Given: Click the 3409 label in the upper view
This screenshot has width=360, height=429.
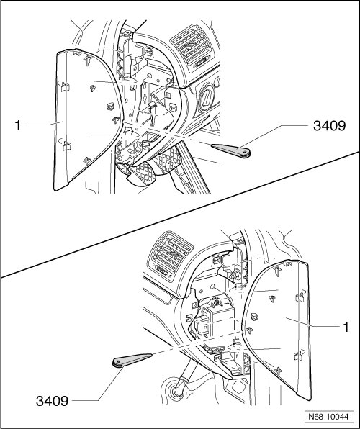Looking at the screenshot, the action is click(x=329, y=126).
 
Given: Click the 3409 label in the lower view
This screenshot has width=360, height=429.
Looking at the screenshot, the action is click(x=52, y=402).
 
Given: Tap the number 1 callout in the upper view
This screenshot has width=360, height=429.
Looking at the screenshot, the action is click(x=18, y=125).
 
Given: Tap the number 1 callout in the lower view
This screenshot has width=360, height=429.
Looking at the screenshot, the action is click(x=346, y=327).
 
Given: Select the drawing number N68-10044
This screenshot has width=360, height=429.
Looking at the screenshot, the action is click(x=329, y=417).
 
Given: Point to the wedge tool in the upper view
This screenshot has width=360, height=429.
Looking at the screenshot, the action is click(x=231, y=150).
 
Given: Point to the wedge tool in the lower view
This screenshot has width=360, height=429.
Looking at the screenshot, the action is click(x=132, y=360).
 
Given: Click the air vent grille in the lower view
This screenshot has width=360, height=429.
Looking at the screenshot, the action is click(x=170, y=255).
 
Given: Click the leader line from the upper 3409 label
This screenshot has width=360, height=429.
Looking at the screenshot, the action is click(x=275, y=136).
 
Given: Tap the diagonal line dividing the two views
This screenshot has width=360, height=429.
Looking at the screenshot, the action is click(x=180, y=214).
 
